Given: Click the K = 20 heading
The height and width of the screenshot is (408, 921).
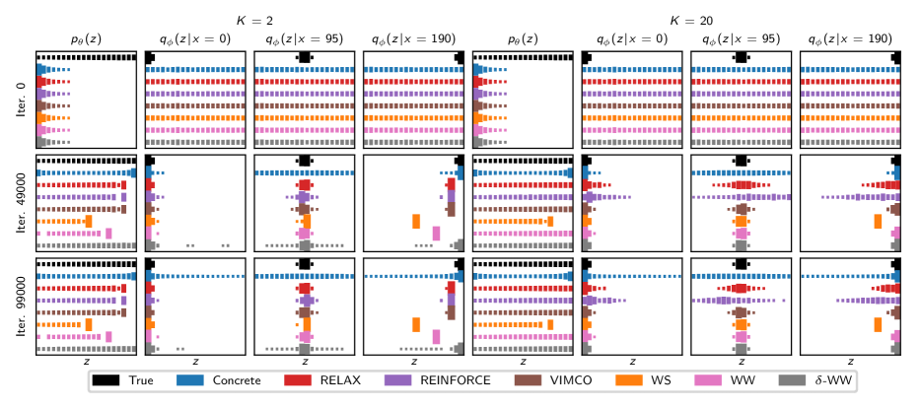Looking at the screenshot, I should (x=687, y=19).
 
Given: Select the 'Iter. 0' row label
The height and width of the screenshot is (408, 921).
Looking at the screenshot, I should (x=22, y=99).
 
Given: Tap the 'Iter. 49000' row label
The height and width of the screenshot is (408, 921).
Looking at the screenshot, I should (x=22, y=202).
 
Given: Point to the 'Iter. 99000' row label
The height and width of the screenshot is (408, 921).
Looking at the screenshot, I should (x=22, y=306).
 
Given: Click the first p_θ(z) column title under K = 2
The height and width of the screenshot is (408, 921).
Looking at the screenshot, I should (x=87, y=38).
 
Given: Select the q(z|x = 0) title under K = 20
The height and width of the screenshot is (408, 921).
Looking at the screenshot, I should (x=632, y=38).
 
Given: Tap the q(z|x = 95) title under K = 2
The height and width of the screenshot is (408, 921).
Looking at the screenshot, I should (x=305, y=38).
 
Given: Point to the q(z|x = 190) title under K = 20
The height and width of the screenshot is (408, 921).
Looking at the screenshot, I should (x=851, y=38).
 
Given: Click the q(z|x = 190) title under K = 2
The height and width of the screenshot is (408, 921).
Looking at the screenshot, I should (x=414, y=38).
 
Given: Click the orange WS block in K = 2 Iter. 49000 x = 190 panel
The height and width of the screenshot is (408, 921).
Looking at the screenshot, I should (x=416, y=222).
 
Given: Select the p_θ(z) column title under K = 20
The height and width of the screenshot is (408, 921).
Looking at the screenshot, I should (x=524, y=38).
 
